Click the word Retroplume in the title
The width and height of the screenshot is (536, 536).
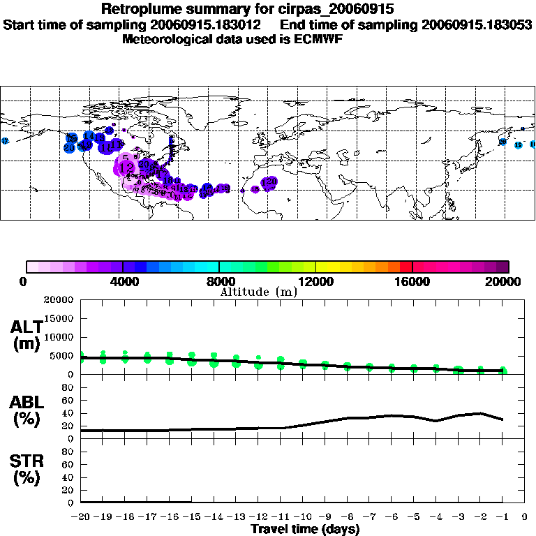142,10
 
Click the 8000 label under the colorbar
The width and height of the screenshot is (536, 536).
219,281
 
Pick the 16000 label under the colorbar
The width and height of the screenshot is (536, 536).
412,281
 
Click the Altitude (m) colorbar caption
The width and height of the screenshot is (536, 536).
258,292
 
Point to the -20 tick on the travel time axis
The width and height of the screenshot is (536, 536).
80,518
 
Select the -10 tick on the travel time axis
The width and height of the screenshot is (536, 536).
302,518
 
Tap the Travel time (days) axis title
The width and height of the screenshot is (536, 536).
305,530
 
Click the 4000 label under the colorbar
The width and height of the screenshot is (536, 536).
123,281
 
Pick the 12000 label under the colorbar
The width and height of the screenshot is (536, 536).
315,281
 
